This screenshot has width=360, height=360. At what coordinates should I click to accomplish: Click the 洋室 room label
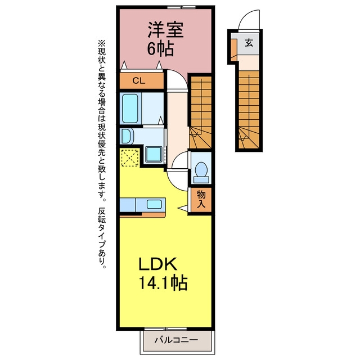click(x=165, y=29)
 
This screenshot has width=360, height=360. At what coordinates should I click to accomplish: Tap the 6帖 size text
click(x=160, y=49)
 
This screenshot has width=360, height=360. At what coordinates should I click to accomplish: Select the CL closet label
click(x=139, y=80)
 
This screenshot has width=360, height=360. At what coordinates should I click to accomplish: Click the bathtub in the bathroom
click(x=130, y=109)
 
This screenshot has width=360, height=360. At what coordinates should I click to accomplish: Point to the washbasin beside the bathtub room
click(x=127, y=136)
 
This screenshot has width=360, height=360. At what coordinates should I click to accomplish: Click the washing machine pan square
click(x=154, y=154)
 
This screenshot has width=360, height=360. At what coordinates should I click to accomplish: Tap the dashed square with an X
click(x=130, y=157)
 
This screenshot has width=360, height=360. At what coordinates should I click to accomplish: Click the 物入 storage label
click(x=201, y=199)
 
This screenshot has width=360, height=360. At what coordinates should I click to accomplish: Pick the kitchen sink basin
click(x=154, y=204)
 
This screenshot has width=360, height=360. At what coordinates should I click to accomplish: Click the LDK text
click(x=157, y=264)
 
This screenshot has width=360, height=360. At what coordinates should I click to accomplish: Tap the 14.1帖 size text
click(x=163, y=282)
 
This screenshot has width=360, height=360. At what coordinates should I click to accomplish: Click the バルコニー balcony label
click(x=176, y=340)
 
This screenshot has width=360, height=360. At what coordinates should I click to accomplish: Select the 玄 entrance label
click(x=249, y=43)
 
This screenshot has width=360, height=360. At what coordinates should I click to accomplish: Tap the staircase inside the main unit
click(x=200, y=112)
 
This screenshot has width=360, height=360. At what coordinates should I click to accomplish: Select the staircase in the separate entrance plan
click(x=249, y=110)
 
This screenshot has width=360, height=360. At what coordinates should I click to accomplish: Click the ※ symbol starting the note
click(x=101, y=43)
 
